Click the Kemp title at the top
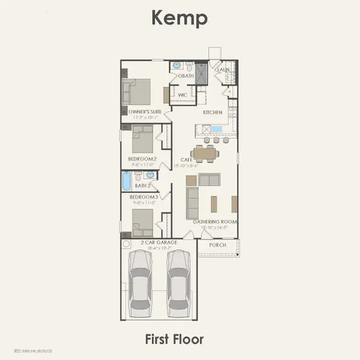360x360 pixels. pyautogui.click(x=179, y=18)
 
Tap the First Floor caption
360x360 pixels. pyautogui.click(x=174, y=339)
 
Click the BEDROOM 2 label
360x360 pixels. pyautogui.click(x=142, y=159)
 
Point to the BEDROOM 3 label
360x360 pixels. pyautogui.click(x=143, y=197)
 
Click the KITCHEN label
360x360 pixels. pyautogui.click(x=213, y=112)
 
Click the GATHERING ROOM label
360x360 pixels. pyautogui.click(x=215, y=222)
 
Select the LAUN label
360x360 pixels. pyautogui.click(x=224, y=70)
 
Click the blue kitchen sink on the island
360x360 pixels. pyautogui.click(x=217, y=128)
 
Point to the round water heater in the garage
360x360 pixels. pyautogui.click(x=127, y=245)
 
